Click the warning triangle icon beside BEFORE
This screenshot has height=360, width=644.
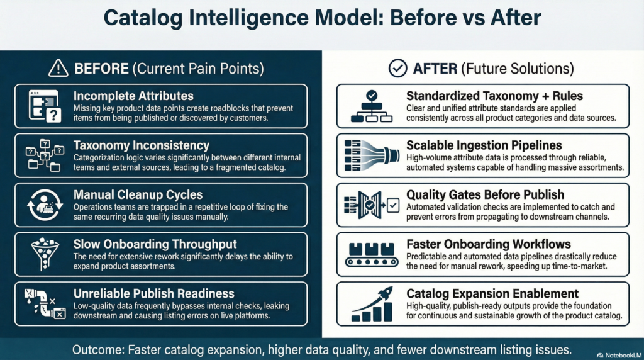pos(58,68)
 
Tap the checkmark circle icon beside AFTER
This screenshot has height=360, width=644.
pos(397,68)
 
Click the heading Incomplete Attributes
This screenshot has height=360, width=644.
pos(133,96)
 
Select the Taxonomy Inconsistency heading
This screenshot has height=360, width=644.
pos(142,145)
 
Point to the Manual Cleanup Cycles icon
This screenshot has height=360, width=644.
pos(45,205)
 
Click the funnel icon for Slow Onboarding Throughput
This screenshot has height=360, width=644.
pos(45,254)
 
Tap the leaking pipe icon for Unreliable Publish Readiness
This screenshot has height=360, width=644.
pos(45,304)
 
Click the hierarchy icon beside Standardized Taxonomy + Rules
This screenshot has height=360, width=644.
pos(372,106)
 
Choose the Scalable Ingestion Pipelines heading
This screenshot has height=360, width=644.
pos(484,145)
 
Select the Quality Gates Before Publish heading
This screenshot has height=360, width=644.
pos(485,194)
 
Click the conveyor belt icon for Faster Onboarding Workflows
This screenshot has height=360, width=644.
pos(372,255)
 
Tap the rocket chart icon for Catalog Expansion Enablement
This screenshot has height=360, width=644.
pos(372,304)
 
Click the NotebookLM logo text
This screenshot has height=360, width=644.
pos(619,355)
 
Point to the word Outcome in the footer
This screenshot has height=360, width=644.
pos(97,350)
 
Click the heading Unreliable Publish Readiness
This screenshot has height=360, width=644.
pos(154,293)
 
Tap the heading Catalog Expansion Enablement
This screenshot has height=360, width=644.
pos(492,293)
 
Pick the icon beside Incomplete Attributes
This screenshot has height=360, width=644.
pos(45,106)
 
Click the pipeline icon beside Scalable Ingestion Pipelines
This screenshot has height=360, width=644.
pos(372,155)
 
